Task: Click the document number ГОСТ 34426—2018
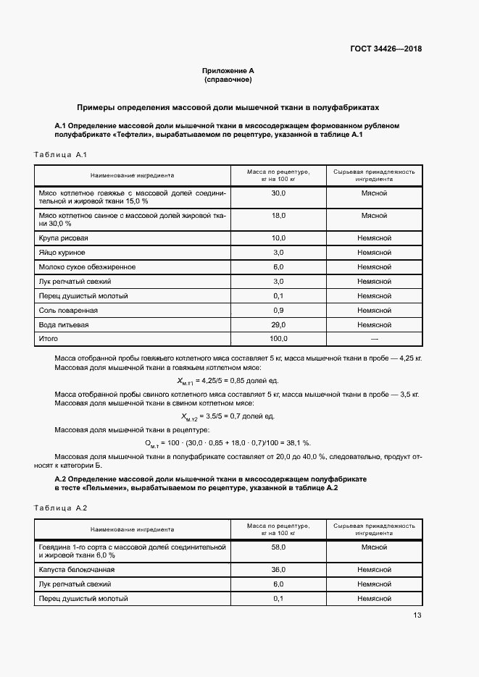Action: (385, 49)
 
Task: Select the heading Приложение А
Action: (228, 71)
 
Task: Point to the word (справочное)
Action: (228, 80)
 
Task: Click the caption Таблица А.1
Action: (61, 155)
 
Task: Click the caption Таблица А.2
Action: (61, 508)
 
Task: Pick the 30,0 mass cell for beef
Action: (278, 193)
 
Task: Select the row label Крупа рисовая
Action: (64, 238)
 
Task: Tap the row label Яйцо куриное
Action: (62, 253)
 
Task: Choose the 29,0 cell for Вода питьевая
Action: (278, 324)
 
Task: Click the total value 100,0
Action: (278, 339)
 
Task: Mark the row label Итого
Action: (49, 339)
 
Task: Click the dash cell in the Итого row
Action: (374, 339)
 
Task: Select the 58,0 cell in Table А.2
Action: (278, 547)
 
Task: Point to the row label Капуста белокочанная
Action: (77, 570)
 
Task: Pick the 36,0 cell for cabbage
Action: (278, 570)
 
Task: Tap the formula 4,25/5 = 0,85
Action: (227, 380)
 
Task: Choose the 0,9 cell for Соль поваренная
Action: (278, 310)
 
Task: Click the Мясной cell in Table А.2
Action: (374, 547)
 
